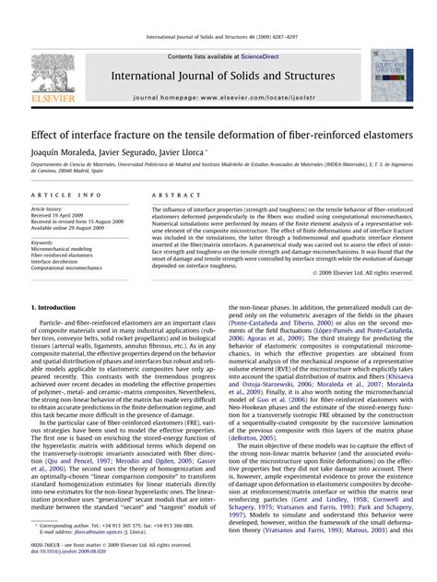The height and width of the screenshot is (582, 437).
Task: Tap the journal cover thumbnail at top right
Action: coord(392,75)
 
